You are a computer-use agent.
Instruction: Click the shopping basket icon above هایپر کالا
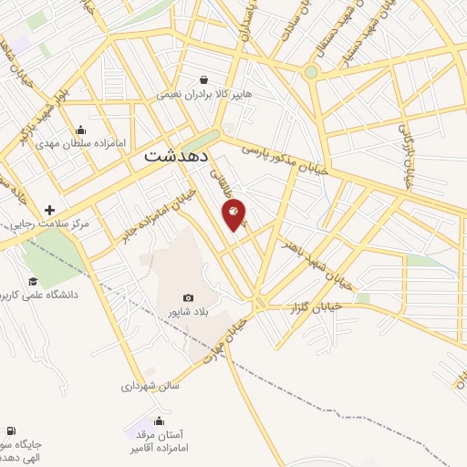tap(208, 79)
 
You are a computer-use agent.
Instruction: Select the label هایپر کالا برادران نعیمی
tap(202, 94)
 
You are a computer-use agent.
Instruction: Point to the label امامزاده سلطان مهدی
tap(78, 143)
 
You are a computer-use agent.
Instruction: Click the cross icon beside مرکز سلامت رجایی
tap(49, 211)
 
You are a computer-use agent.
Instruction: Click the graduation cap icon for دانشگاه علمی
tap(32, 281)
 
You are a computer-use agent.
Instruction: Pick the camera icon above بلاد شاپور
tap(188, 297)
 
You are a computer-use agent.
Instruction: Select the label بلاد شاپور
tap(189, 312)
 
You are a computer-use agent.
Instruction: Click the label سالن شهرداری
tap(150, 386)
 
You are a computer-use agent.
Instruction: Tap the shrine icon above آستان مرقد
tap(160, 420)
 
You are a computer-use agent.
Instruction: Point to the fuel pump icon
tap(10, 431)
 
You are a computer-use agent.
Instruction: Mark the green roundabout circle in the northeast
tap(311, 71)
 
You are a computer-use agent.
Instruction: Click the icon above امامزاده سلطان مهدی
tap(80, 130)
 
